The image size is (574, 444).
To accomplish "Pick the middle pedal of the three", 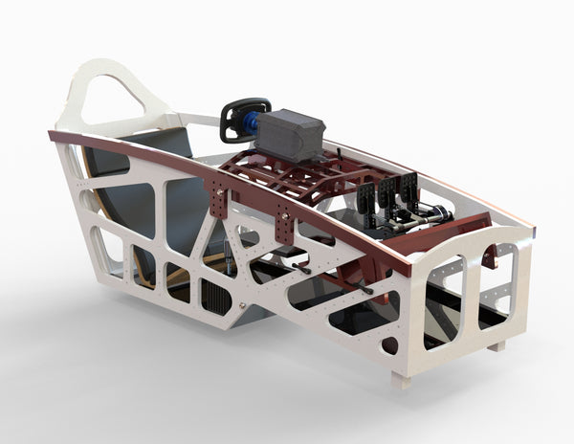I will (388, 190).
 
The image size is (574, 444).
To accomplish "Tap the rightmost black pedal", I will (408, 185).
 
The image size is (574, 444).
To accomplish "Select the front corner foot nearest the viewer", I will (401, 380).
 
